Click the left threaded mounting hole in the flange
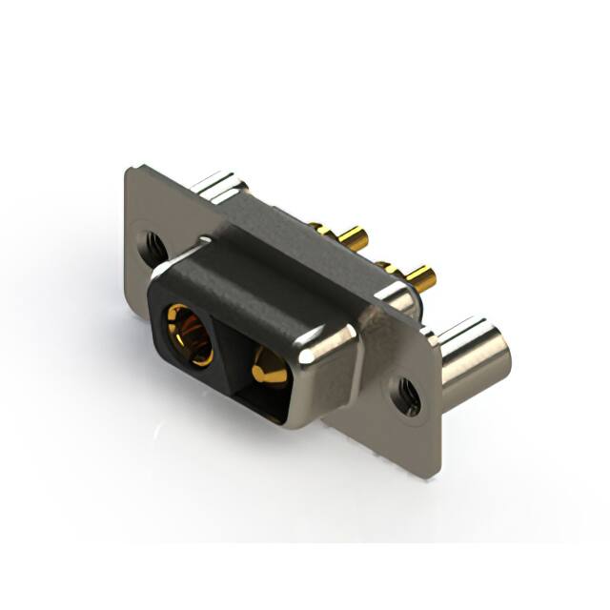[152, 246]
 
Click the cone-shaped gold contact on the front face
[268, 367]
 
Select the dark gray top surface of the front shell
[253, 286]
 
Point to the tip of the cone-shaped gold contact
[256, 363]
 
